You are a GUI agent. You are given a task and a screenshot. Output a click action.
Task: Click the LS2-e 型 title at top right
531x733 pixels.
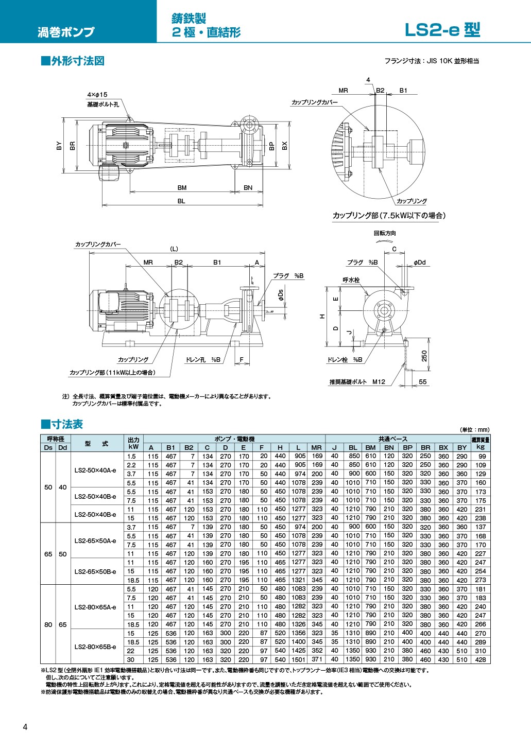click(442, 30)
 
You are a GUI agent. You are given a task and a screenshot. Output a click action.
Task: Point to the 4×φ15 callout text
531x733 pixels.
click(97, 95)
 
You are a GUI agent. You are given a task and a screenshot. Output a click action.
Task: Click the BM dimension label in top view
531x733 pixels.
click(182, 187)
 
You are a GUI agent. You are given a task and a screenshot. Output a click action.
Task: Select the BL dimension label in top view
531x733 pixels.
click(181, 201)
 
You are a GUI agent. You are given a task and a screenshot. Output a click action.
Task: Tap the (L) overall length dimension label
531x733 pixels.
click(174, 249)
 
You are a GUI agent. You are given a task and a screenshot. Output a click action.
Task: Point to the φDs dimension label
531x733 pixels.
click(281, 295)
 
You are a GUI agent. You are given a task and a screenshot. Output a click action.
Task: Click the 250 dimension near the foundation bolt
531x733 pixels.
click(424, 356)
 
